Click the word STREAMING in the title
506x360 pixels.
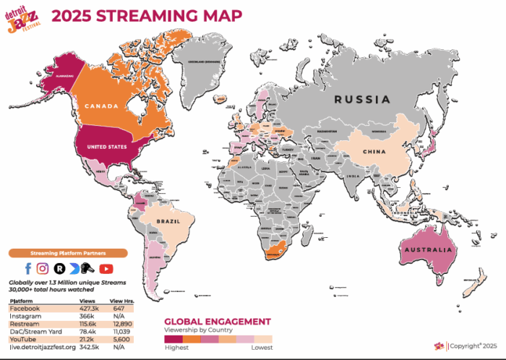(125, 14)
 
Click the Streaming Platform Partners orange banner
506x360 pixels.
(68, 253)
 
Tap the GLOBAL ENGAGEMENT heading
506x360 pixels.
(217, 321)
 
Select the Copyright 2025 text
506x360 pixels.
(473, 346)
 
